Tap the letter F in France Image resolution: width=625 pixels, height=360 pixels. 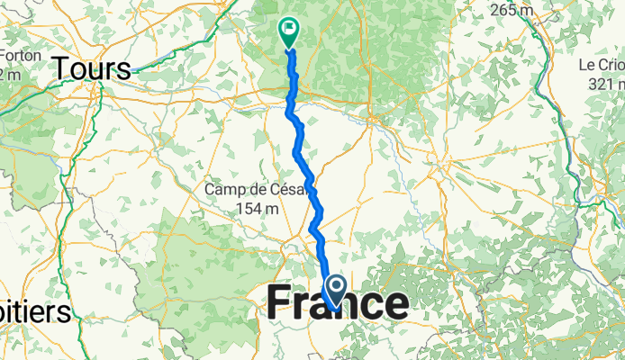coord(280,303)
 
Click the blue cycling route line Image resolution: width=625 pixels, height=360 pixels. coord(303,153)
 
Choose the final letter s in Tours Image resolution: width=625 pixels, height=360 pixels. coord(123,69)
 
